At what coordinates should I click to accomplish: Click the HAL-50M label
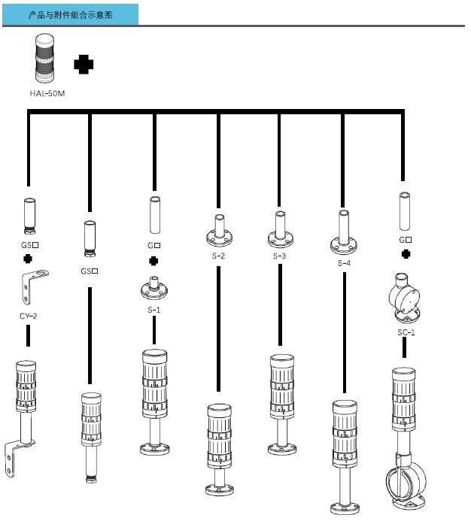pyautogui.click(x=47, y=94)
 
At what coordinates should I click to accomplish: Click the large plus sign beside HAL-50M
pyautogui.click(x=84, y=65)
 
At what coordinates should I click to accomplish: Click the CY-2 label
pyautogui.click(x=29, y=315)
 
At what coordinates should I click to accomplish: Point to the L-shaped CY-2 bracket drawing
pyautogui.click(x=29, y=288)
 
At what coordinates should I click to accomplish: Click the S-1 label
pyautogui.click(x=154, y=309)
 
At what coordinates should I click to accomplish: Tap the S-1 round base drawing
pyautogui.click(x=154, y=288)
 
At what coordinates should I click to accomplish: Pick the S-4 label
pyautogui.click(x=344, y=262)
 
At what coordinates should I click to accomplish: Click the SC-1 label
pyautogui.click(x=406, y=332)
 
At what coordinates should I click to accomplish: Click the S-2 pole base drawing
pyautogui.click(x=218, y=230)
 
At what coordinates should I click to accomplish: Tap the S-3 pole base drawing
pyautogui.click(x=280, y=230)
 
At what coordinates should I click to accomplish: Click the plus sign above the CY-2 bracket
pyautogui.click(x=29, y=259)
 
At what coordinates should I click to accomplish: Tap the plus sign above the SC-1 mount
pyautogui.click(x=406, y=253)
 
